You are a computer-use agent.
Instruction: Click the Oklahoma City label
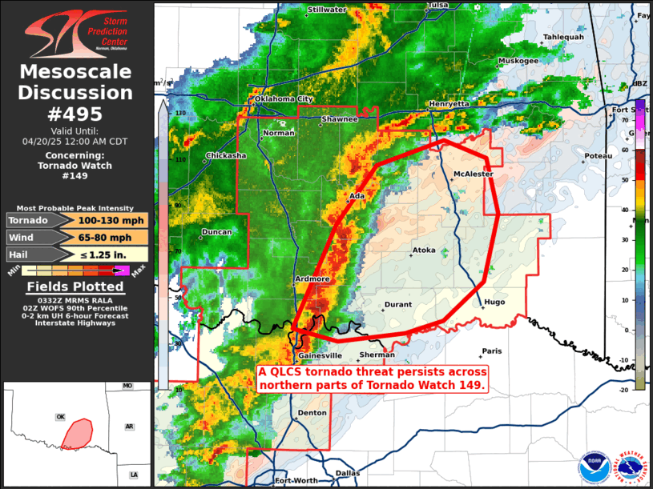coord(283,98)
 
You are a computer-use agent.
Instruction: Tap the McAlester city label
coord(473,174)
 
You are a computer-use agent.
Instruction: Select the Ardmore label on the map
coord(312,279)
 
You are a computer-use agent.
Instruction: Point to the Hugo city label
coord(494,302)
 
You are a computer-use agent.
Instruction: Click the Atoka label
coord(424,251)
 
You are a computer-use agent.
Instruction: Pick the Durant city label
coord(398,305)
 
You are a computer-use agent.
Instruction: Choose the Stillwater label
coord(327,10)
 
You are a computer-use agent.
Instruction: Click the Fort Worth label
coord(296,481)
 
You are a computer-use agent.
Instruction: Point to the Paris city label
coord(491,351)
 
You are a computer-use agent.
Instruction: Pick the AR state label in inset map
coord(129,427)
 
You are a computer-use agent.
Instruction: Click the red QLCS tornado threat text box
coord(372,378)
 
